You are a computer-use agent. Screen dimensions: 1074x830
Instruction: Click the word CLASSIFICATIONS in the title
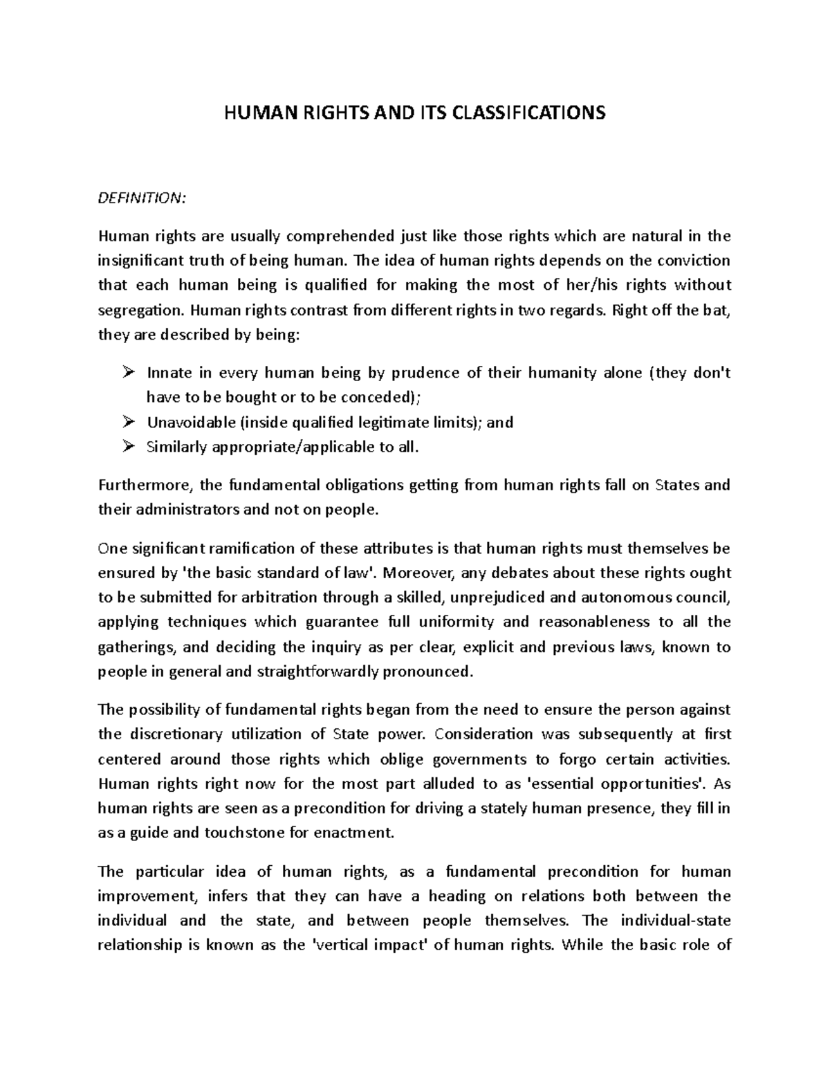pyautogui.click(x=528, y=112)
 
